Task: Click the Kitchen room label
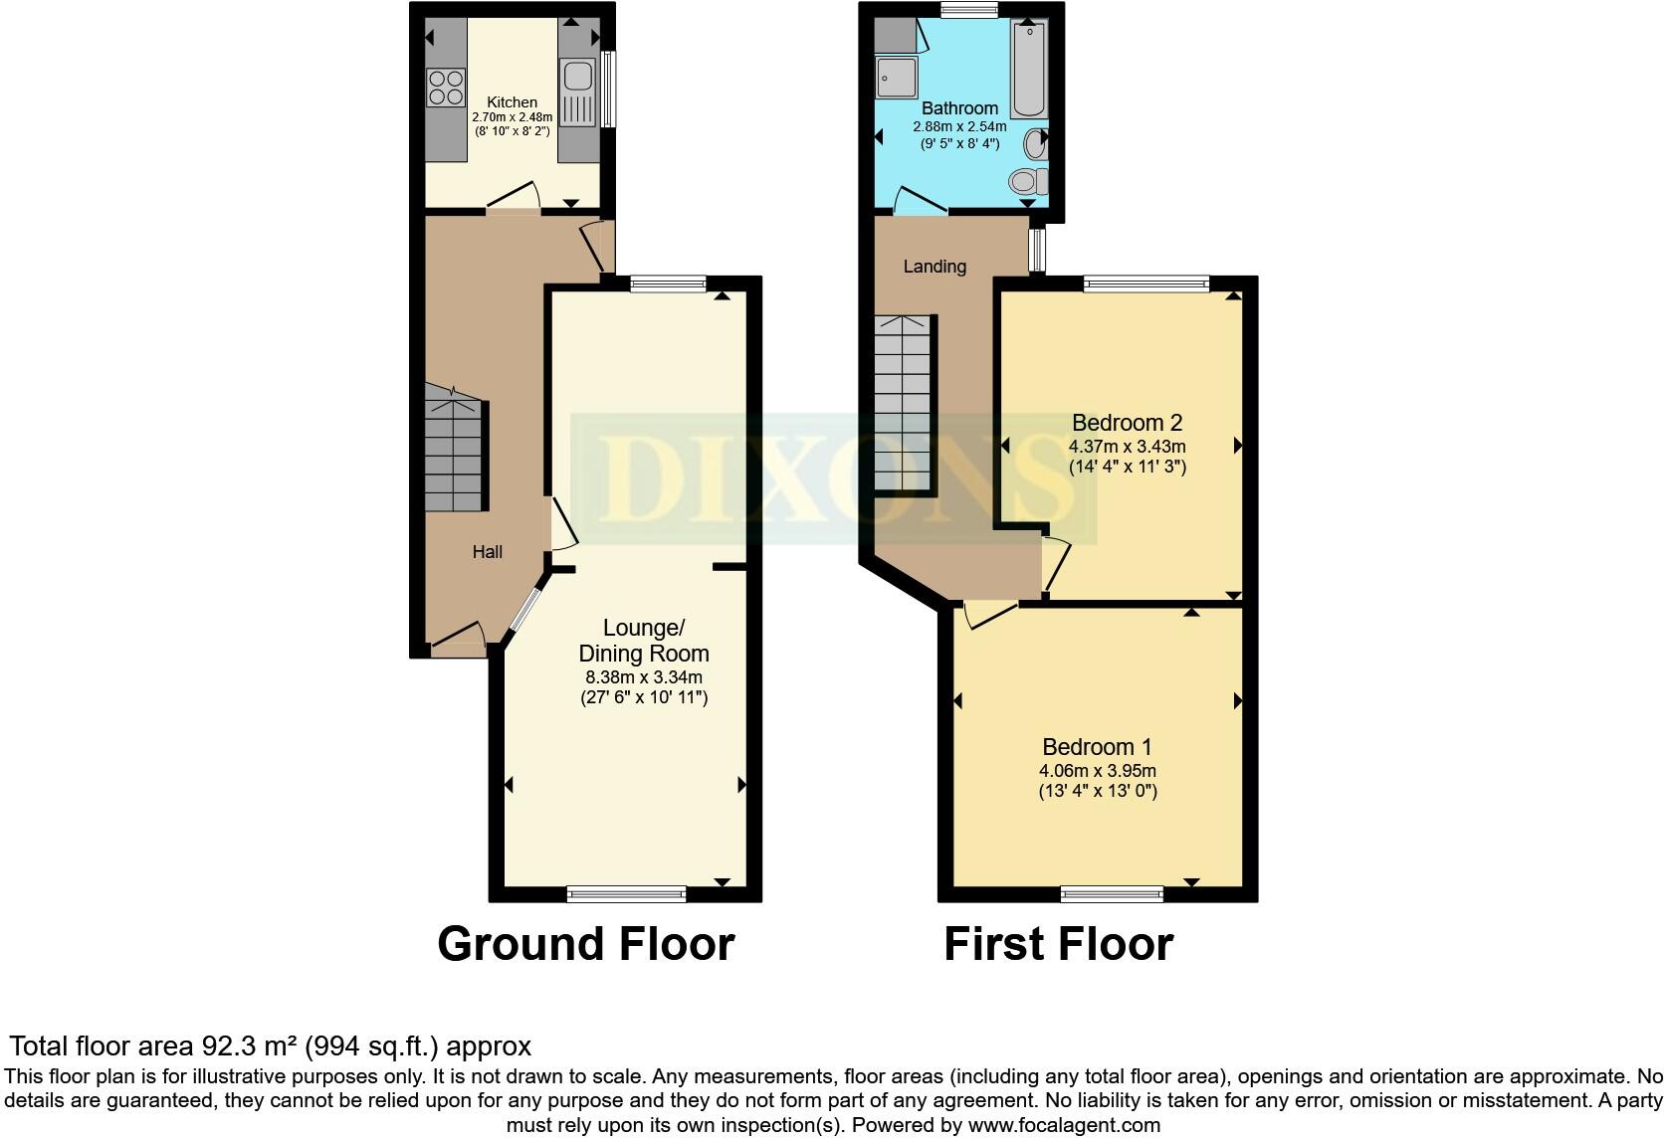point(512,102)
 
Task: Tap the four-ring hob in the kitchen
point(446,86)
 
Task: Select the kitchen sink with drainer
point(577,92)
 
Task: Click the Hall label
point(487,552)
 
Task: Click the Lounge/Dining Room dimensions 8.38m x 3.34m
point(643,677)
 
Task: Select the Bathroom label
point(959,108)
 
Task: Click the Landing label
point(935,267)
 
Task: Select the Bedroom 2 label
point(1127,423)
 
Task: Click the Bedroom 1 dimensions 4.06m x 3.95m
point(1097,771)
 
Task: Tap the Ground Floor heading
point(585,944)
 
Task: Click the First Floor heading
point(1058,944)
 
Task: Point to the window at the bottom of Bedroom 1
point(1112,894)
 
